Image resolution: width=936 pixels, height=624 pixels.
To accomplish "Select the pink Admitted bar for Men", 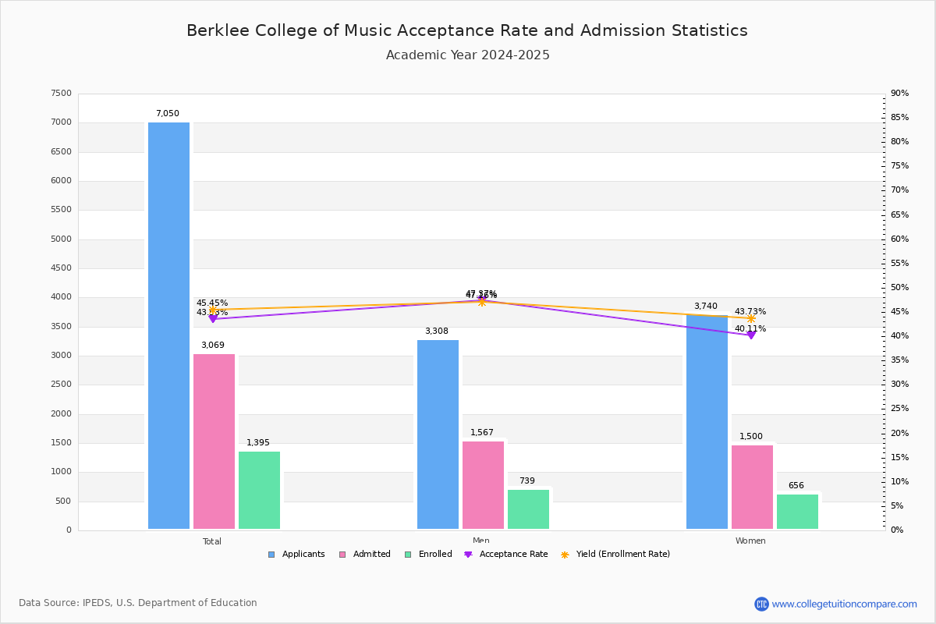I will pos(483,485).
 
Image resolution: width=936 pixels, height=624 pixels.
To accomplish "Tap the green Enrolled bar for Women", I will pos(797,512).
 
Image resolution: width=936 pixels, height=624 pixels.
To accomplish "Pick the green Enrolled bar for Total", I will pos(259,490).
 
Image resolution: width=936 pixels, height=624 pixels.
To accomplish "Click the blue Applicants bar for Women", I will pos(707,422).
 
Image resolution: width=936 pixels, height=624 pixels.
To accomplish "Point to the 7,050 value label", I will pos(167,114).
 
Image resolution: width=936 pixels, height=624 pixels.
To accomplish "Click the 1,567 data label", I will pos(481,433).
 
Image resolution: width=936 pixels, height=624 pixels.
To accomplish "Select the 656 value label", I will pos(796,486).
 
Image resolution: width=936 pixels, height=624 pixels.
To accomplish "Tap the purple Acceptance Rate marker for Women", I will pos(751,335).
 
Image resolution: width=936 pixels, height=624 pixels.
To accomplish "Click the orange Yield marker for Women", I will pos(751,318).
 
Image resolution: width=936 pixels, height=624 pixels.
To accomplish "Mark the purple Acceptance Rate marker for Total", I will pos(213,319).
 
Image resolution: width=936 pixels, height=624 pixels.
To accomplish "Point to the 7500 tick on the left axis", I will pos(61,94).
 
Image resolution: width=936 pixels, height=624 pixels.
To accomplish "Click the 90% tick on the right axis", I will pos(899,94).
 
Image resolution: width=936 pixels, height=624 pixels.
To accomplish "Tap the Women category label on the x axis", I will pos(750,541).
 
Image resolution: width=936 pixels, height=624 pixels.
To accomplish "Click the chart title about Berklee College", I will pos(466,31).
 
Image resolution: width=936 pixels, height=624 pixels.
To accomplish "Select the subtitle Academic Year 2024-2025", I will pos(467,55).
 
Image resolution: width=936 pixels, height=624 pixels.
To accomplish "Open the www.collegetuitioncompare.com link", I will pos(844,604).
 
